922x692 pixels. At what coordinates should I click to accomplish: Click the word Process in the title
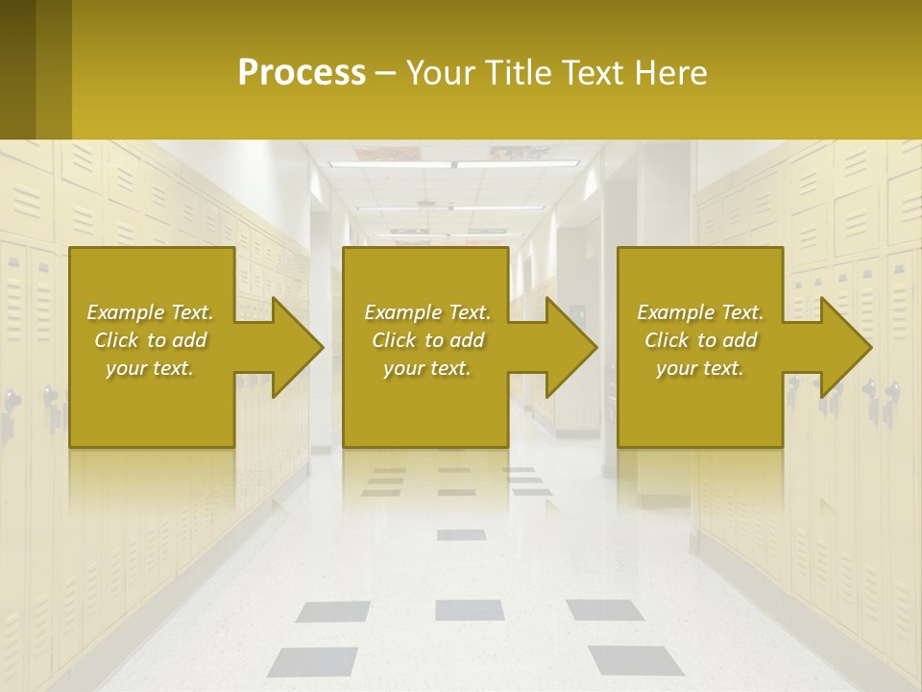(302, 73)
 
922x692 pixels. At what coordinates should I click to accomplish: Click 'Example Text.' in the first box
(150, 312)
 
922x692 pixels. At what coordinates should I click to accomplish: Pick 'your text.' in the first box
(150, 368)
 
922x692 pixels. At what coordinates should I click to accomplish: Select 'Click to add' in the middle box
(427, 340)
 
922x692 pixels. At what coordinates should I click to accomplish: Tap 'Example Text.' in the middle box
(427, 312)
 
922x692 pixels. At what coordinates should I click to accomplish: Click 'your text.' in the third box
(700, 368)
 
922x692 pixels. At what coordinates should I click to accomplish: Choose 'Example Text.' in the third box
(700, 312)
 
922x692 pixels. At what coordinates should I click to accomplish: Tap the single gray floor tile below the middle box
(461, 534)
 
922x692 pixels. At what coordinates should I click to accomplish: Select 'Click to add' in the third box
(700, 340)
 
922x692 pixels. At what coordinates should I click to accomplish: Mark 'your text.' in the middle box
(427, 368)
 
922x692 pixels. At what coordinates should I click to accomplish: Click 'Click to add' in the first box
(150, 340)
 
